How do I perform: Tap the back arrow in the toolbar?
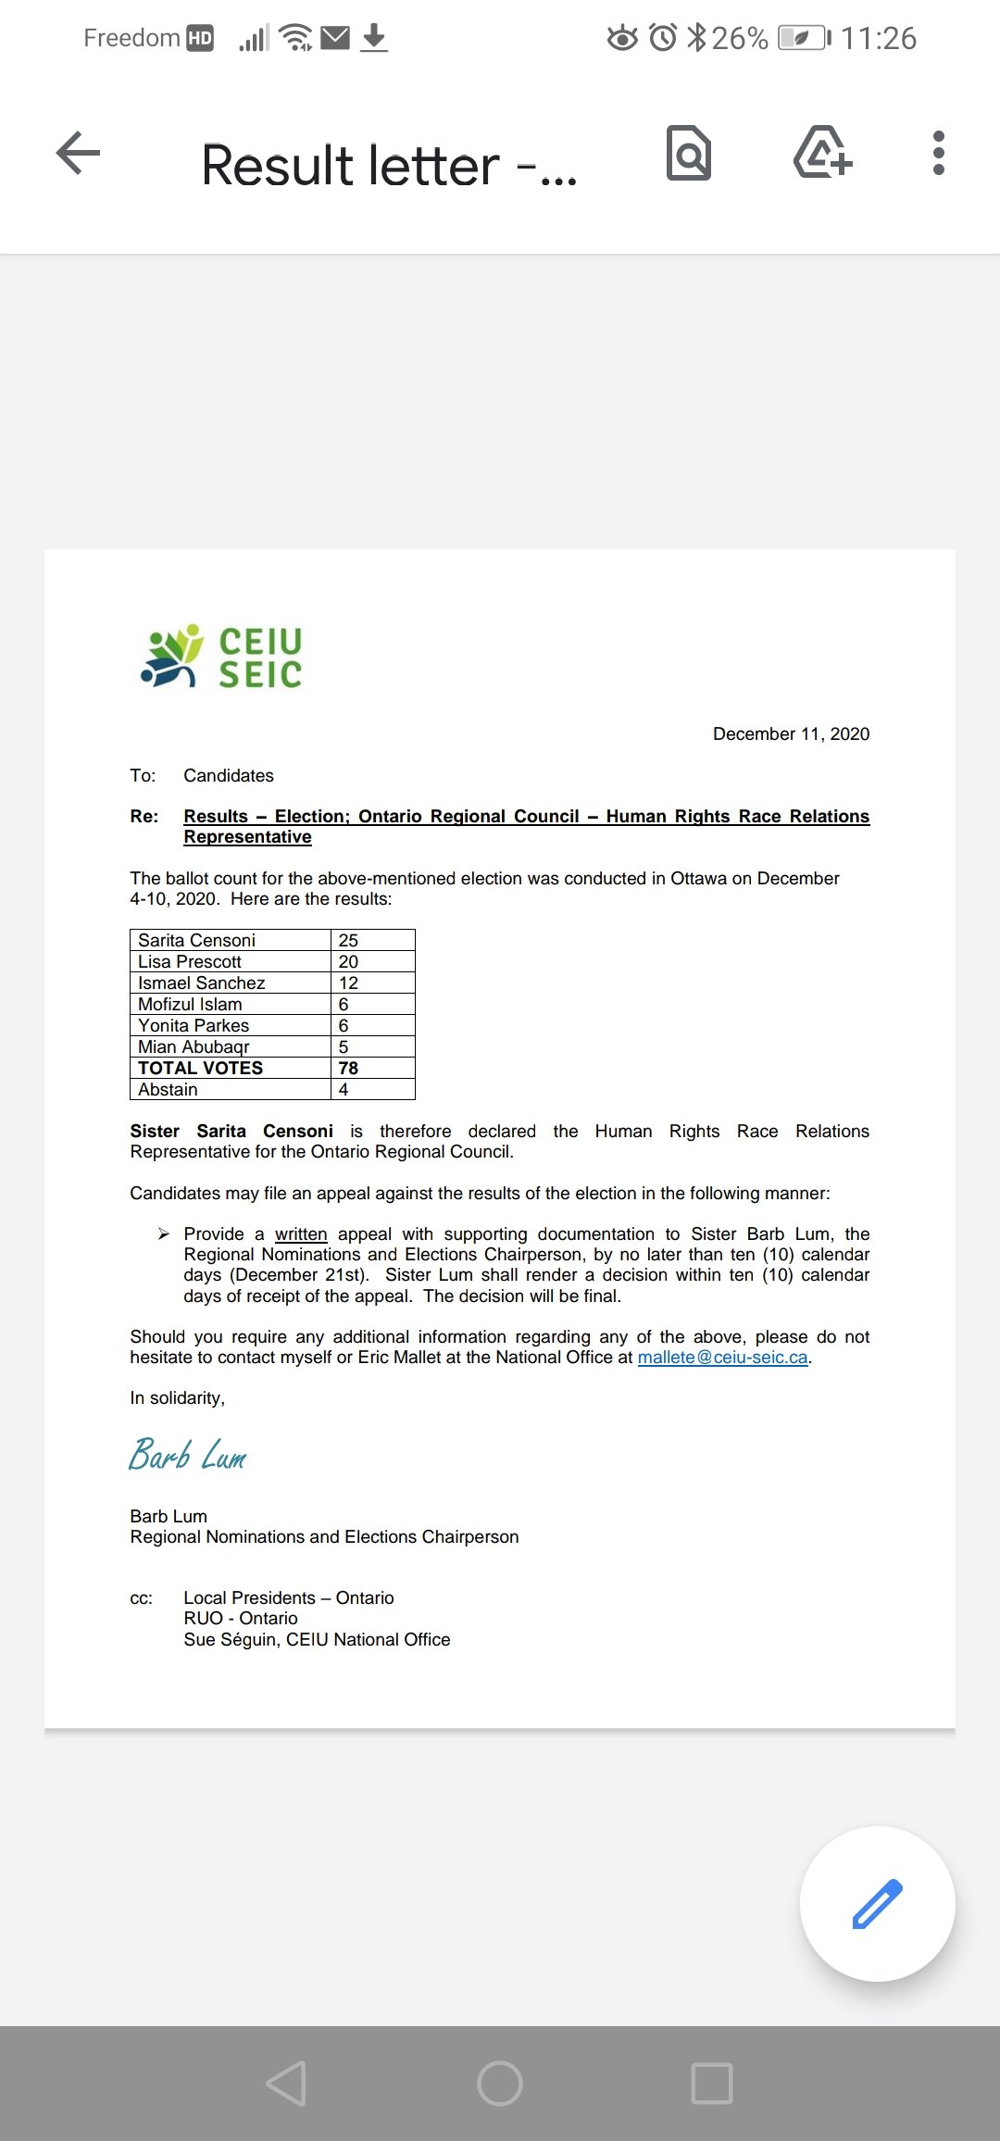coord(78,153)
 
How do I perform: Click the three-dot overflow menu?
coord(938,153)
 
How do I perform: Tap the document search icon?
coord(689,153)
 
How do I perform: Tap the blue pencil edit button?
coord(877,1904)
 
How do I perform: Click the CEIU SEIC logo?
coord(221,657)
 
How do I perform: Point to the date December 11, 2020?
coord(791,734)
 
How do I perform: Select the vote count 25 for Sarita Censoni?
coord(349,940)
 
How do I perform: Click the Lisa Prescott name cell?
coord(190,962)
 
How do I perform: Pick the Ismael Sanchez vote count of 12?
coord(349,983)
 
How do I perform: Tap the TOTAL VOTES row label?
coord(201,1068)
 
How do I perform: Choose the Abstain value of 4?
coord(344,1089)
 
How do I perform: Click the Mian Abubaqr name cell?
coord(194,1046)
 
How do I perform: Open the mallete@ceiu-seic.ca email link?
coord(722,1358)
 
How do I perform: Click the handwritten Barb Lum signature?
coord(188,1456)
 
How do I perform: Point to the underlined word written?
coord(301,1234)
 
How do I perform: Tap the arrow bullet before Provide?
coord(164,1233)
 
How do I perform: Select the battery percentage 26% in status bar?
coord(739,38)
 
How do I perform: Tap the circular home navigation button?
coord(500,2084)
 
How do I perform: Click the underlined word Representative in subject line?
coord(247,837)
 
